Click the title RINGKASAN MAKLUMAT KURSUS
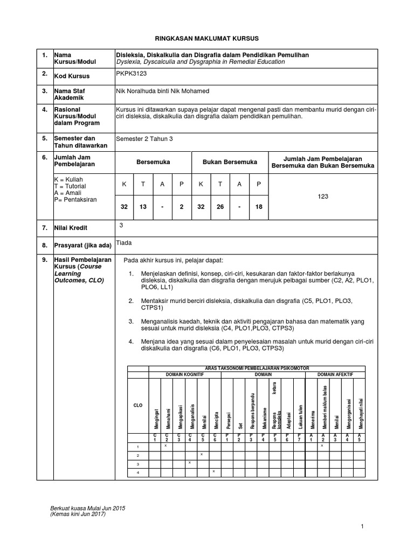[208, 39]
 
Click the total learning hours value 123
[323, 198]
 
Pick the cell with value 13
[143, 207]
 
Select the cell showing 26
[220, 207]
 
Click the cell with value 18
[258, 207]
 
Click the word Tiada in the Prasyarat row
[124, 243]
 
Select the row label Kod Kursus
[71, 76]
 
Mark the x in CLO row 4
[214, 471]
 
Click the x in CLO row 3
[190, 463]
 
